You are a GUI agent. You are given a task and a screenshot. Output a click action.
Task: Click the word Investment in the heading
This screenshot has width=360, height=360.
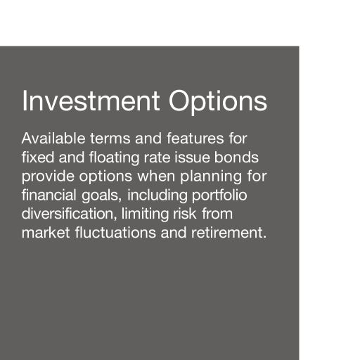(x=91, y=101)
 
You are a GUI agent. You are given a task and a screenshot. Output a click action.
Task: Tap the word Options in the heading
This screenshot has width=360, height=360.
(x=218, y=103)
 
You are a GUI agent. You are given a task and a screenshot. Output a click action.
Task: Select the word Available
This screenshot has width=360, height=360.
(x=53, y=138)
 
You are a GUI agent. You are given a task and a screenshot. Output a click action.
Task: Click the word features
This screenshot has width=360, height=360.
(x=195, y=138)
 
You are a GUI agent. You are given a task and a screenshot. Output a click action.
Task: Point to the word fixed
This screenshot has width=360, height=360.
(x=38, y=157)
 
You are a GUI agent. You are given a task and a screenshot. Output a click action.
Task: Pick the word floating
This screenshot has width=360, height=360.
(x=115, y=158)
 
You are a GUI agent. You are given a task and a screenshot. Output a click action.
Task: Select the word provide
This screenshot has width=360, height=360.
(x=48, y=176)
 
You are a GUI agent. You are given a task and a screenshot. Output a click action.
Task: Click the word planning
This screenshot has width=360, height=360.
(x=211, y=176)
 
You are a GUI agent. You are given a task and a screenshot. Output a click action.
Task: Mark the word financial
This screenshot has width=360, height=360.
(x=49, y=195)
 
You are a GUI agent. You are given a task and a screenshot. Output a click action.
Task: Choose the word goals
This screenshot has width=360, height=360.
(x=102, y=195)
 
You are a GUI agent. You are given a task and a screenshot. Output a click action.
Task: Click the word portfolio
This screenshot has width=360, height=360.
(x=219, y=195)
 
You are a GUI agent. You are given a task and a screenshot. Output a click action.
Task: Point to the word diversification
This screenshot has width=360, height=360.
(x=69, y=213)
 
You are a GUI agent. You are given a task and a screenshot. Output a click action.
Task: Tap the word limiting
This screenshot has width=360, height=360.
(x=145, y=214)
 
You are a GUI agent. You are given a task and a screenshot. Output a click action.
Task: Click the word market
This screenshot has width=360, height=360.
(x=46, y=232)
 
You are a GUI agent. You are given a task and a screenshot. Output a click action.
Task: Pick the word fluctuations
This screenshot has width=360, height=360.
(x=115, y=232)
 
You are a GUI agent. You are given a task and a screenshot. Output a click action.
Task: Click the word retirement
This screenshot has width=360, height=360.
(x=229, y=232)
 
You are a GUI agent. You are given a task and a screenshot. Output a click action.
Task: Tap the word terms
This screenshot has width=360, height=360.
(x=110, y=139)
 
